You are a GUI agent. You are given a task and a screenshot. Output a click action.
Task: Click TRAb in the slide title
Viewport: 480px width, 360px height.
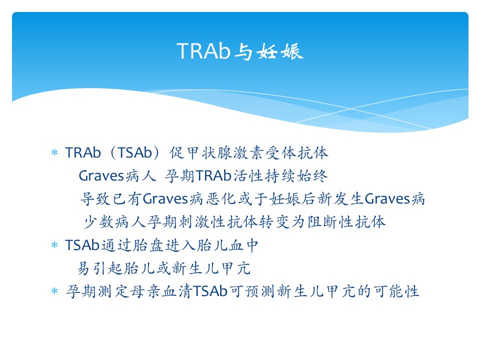click(203, 51)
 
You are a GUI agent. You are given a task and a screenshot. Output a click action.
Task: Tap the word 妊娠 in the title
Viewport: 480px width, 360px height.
click(280, 51)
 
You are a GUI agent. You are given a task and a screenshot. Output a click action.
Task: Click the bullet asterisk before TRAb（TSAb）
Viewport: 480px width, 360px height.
click(54, 152)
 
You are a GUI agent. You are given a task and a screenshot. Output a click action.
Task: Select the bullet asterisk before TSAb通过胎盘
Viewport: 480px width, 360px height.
click(54, 245)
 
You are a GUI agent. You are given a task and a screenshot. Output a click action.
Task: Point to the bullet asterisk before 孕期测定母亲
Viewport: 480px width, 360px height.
click(54, 291)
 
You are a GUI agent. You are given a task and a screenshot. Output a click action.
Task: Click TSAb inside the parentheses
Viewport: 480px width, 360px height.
click(135, 152)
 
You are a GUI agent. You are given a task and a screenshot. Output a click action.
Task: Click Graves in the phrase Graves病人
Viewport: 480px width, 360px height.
click(101, 175)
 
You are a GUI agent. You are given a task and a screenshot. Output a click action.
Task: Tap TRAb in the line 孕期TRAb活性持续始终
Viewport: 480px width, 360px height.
click(213, 175)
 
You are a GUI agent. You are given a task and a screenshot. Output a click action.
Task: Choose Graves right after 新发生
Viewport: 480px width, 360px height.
click(387, 198)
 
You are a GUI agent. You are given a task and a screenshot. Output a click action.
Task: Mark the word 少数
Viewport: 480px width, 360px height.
click(98, 222)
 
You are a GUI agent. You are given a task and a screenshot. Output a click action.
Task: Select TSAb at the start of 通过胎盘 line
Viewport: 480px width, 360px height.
click(82, 245)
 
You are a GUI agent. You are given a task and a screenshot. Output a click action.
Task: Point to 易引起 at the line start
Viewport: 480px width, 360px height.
click(100, 268)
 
